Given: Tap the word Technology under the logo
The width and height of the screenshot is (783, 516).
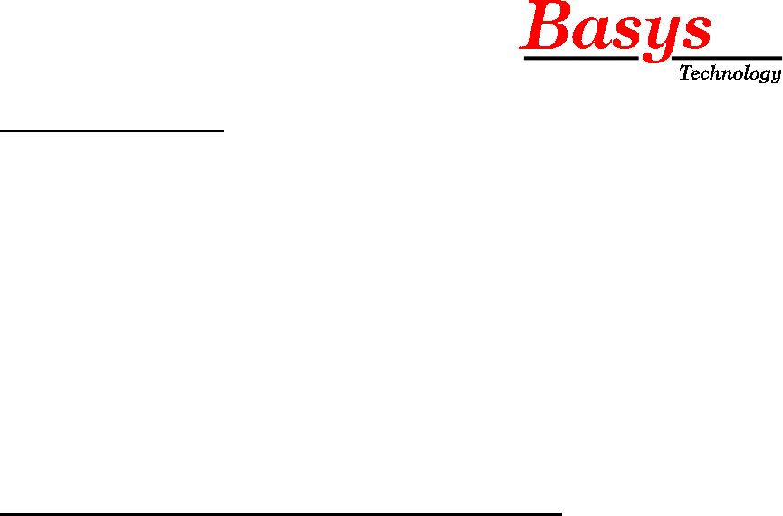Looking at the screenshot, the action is click(x=730, y=74).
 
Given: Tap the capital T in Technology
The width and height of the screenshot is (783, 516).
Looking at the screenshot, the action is click(x=685, y=72).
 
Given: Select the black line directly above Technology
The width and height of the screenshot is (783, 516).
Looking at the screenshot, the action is click(x=730, y=58).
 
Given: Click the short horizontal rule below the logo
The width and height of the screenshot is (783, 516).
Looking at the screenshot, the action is click(x=112, y=131).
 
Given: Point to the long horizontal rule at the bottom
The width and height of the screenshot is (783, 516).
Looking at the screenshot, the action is click(x=281, y=514).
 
